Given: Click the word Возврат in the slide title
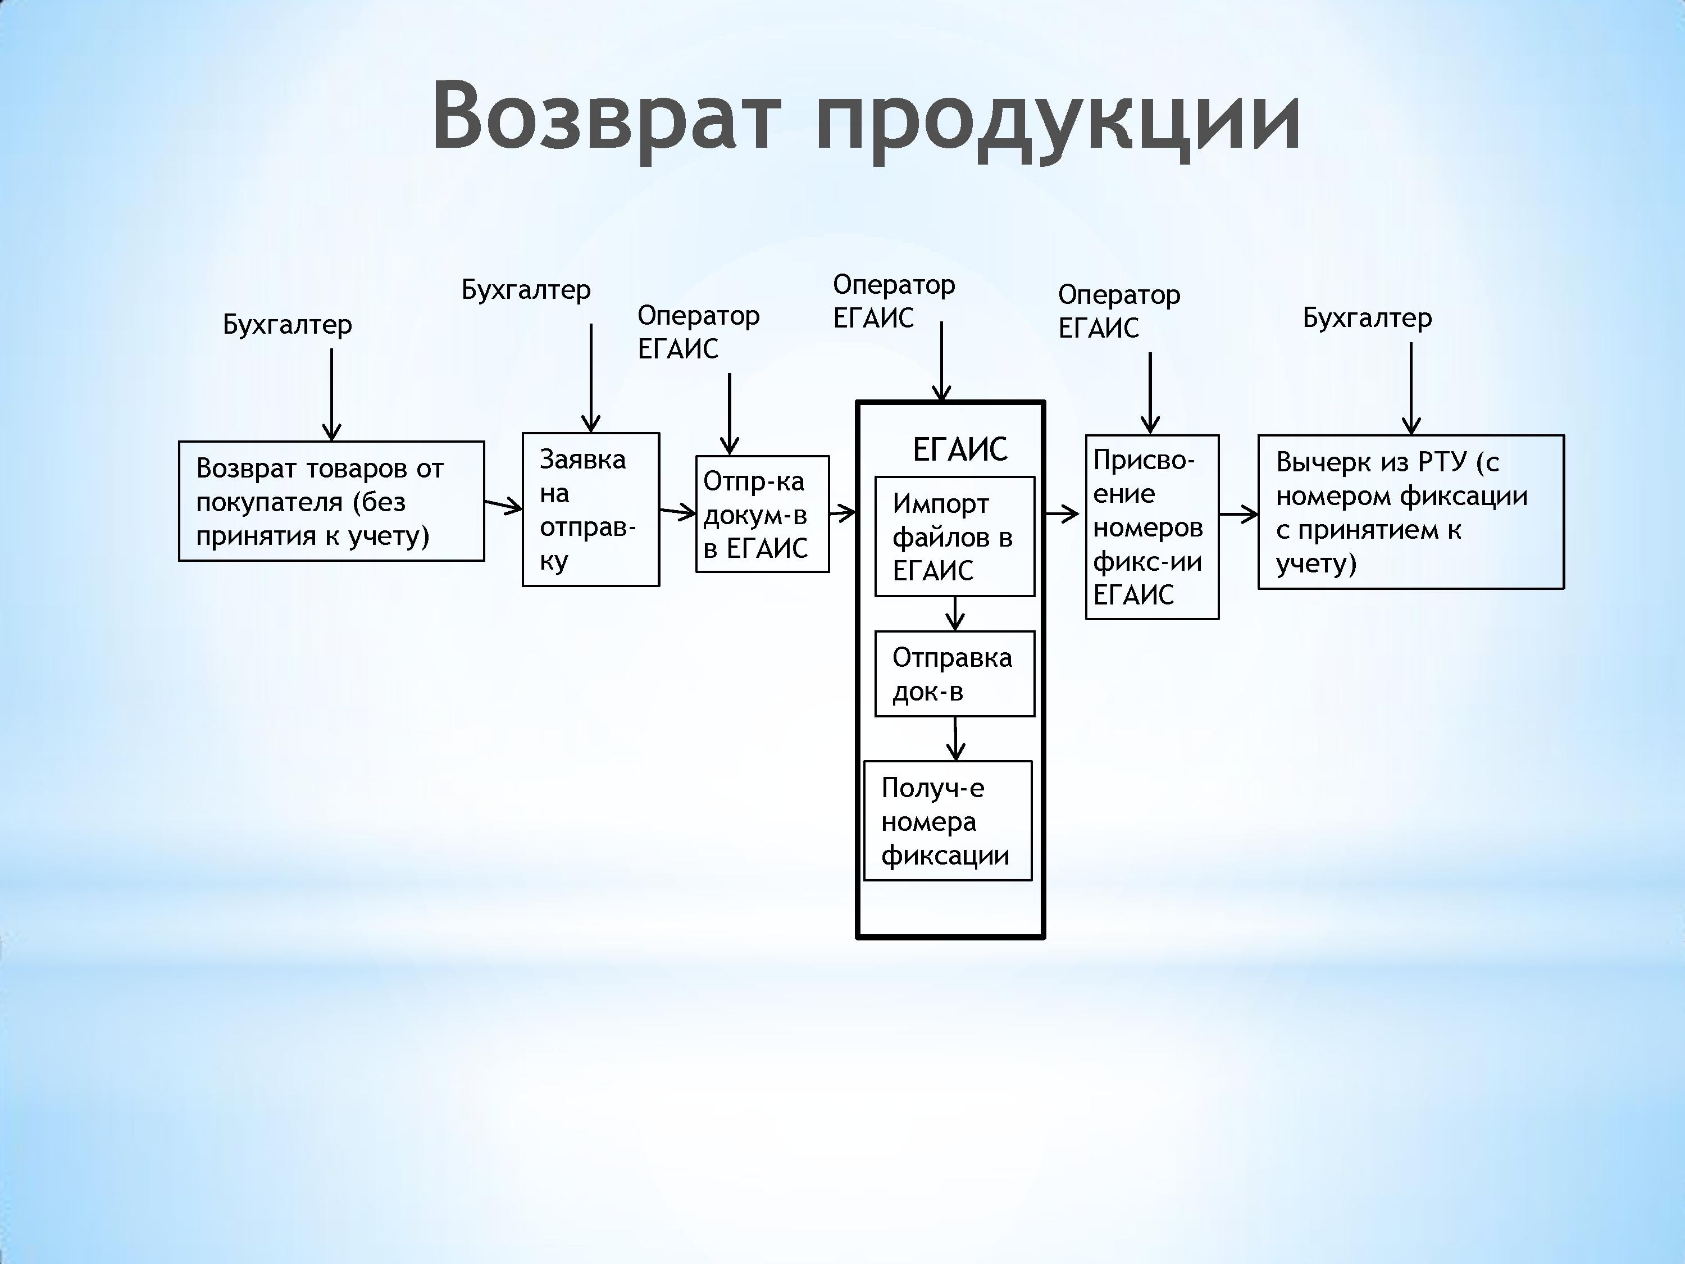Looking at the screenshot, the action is click(x=607, y=115).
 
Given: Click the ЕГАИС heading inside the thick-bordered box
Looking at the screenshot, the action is click(x=960, y=449).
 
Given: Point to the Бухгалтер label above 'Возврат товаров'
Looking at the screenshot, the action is click(x=287, y=325).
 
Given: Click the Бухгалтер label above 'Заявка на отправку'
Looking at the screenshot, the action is click(x=526, y=289).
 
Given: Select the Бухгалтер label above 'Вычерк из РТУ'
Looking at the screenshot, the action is click(x=1367, y=318).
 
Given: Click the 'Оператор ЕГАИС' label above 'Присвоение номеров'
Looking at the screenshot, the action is click(x=1119, y=311).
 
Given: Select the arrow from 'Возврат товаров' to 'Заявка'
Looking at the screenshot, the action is click(x=503, y=505).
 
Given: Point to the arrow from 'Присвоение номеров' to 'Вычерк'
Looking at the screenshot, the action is click(x=1238, y=514).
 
